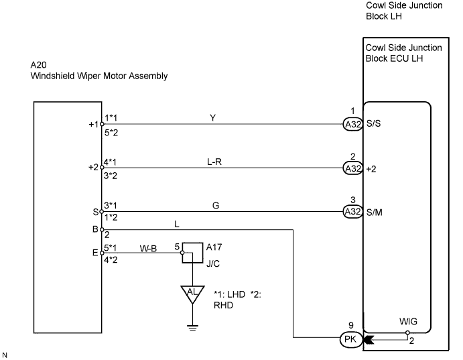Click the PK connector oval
pos(351,339)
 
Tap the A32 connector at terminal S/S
pos(352,124)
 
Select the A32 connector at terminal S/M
pos(352,212)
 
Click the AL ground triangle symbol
pos(192,294)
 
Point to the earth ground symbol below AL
pos(192,328)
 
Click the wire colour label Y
pos(212,118)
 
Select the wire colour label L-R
pos(214,162)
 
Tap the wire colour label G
pos(216,206)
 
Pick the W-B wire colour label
pos(148,249)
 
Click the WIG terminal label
pos(408,321)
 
